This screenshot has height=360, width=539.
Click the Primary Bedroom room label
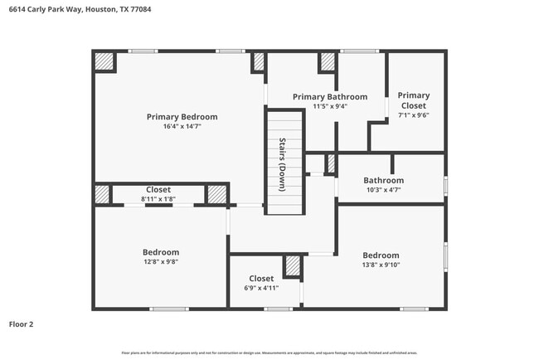(x=182, y=117)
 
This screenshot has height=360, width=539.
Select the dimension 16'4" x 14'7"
(x=182, y=126)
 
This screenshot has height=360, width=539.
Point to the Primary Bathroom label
(x=330, y=97)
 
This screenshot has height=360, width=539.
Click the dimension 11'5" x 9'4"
(x=330, y=106)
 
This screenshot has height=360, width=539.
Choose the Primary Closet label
(x=413, y=100)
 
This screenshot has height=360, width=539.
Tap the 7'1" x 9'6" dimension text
(x=413, y=115)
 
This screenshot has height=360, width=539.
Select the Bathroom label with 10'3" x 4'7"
(x=383, y=180)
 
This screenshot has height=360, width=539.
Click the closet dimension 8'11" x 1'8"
(x=158, y=199)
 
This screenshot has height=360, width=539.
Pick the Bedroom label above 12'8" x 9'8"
(x=161, y=252)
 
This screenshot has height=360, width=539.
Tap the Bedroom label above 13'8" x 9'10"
(x=381, y=255)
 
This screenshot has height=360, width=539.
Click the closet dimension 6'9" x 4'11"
(x=261, y=288)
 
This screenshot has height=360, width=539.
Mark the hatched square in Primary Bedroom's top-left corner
(x=104, y=62)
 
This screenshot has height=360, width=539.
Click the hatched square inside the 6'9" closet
(x=292, y=265)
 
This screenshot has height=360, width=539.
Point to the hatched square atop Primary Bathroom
(x=328, y=61)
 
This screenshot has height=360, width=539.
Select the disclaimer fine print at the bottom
(x=269, y=353)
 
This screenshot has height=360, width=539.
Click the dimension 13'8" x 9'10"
(x=381, y=265)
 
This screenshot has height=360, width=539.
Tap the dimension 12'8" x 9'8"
(x=161, y=261)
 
